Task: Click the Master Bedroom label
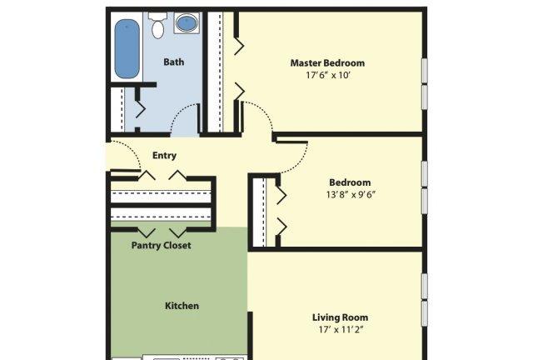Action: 327,63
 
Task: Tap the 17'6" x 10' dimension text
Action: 327,75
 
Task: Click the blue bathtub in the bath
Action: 127,49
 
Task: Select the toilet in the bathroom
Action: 158,25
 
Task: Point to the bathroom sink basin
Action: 187,22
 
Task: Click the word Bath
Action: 174,62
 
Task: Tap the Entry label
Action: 164,156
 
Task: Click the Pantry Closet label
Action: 161,245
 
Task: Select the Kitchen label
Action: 182,306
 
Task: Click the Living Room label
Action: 341,317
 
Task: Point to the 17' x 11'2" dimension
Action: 341,329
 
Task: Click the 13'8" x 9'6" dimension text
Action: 351,195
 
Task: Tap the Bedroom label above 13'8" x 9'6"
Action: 350,182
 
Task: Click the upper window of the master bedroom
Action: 424,71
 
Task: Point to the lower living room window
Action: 424,313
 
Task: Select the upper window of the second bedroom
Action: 424,174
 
